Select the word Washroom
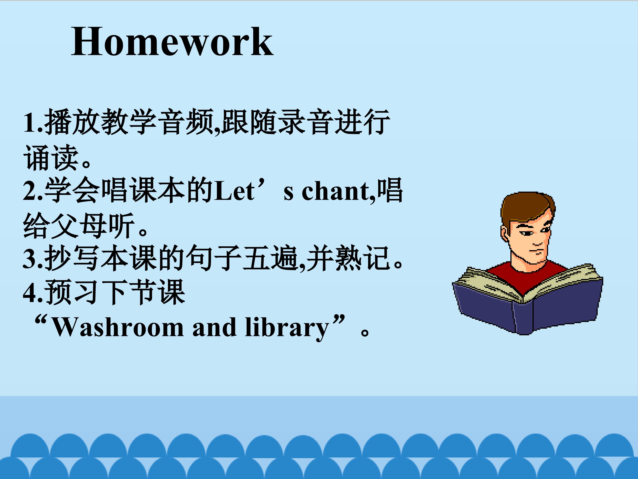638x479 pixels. [117, 327]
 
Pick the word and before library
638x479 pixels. [214, 327]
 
